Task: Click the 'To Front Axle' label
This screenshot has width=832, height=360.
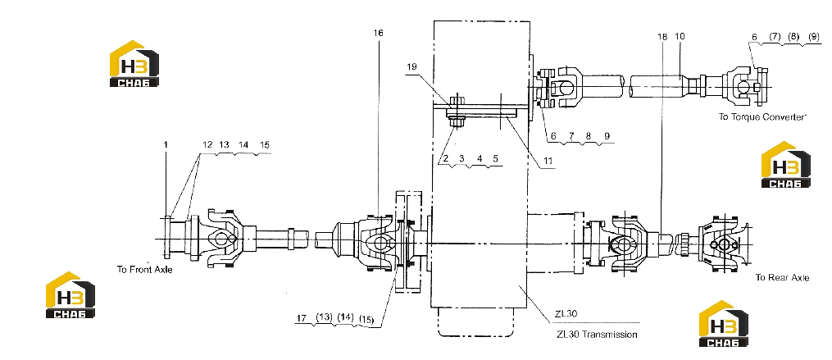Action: coord(144,269)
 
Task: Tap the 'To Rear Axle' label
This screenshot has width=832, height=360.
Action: coord(783,278)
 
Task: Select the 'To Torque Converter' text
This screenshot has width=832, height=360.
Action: coord(762,116)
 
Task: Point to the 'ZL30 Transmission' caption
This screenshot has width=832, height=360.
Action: coord(597,335)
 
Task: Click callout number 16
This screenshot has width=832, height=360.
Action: coord(378,33)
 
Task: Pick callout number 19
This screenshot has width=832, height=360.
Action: coord(412,67)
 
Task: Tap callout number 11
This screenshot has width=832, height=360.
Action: coord(548,161)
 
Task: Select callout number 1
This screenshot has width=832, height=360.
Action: coord(166,144)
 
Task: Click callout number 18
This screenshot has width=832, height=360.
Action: coord(662,37)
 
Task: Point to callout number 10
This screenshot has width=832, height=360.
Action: coord(680,37)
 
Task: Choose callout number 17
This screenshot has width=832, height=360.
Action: coord(302,318)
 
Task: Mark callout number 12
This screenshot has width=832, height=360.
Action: coord(207,144)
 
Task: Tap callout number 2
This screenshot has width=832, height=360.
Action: coord(446,158)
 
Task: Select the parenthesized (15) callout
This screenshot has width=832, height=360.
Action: coord(366,320)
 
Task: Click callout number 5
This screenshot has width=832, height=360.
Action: coord(495,158)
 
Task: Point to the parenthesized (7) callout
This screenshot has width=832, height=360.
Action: coord(775,37)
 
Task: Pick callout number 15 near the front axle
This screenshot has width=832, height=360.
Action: coord(264,144)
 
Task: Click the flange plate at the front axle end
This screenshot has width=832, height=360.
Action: coord(167,239)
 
